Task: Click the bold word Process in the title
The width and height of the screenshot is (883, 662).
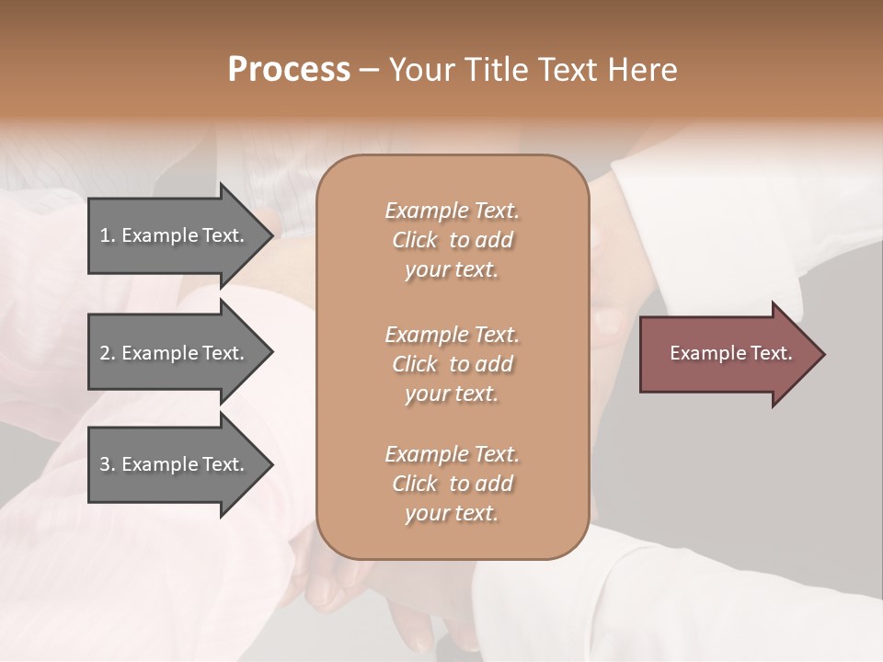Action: tap(289, 70)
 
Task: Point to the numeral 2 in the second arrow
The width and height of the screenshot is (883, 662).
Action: tap(105, 353)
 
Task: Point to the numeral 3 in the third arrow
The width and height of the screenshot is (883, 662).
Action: tap(105, 464)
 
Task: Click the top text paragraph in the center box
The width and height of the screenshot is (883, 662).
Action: tap(452, 240)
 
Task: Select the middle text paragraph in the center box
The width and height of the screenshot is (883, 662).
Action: tap(452, 364)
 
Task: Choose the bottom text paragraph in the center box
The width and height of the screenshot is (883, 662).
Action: tap(452, 484)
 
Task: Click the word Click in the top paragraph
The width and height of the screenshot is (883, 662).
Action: tap(415, 240)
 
